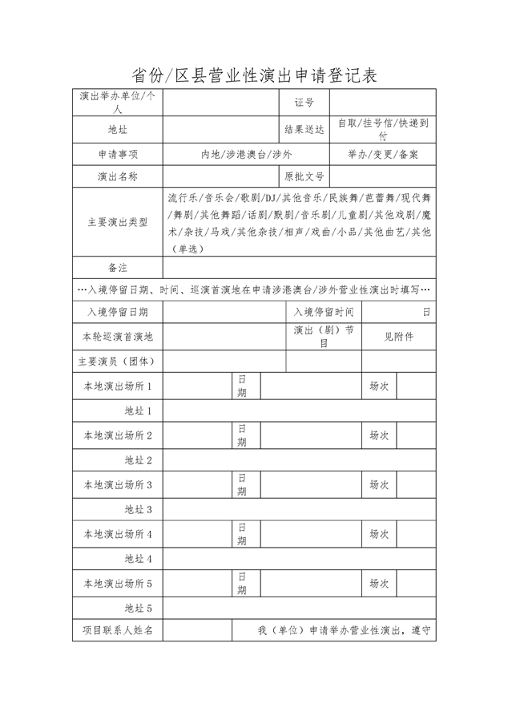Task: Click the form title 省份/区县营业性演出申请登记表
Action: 253,75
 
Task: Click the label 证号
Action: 304,103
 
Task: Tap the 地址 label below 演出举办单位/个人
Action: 118,129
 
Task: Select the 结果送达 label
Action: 304,129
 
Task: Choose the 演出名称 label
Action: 118,176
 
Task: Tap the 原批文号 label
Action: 304,176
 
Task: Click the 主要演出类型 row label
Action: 118,222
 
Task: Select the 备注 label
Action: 118,267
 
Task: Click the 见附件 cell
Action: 398,337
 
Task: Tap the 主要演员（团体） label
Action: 118,362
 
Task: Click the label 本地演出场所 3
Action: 118,485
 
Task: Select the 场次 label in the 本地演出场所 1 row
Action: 379,386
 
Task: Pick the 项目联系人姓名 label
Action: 118,631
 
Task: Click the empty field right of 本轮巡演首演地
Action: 224,337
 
